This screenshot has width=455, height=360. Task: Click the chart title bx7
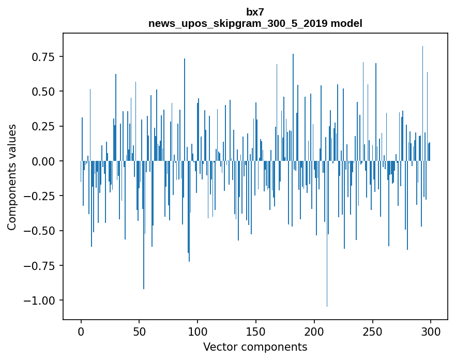(x=255, y=12)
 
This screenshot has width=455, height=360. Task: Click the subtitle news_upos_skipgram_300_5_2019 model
(x=255, y=23)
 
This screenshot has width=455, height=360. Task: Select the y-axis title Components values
(x=12, y=177)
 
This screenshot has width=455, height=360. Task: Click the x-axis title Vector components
(x=255, y=347)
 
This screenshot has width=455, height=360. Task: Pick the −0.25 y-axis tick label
(x=44, y=196)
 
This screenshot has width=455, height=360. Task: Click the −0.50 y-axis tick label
(x=44, y=231)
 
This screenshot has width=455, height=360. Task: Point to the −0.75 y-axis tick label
(x=44, y=266)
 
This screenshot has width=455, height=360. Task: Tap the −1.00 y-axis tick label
(x=44, y=301)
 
